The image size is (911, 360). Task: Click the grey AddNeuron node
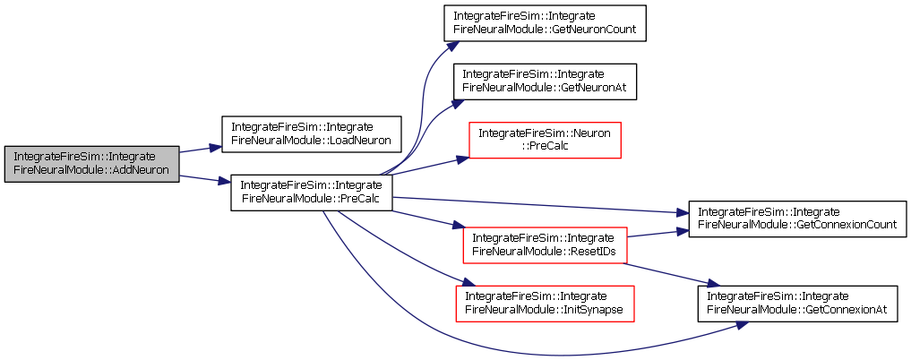tap(91, 164)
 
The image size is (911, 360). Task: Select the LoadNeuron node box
tap(312, 134)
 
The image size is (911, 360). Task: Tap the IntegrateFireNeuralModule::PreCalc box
tap(312, 193)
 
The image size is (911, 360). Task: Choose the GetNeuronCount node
tap(545, 22)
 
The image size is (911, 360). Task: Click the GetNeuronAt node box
tap(545, 81)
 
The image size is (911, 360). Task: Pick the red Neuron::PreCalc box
tap(545, 140)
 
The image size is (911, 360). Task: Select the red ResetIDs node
tap(545, 245)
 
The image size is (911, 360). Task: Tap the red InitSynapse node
tap(545, 304)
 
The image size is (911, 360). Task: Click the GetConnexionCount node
tap(797, 219)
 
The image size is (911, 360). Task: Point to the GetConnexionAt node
tap(797, 304)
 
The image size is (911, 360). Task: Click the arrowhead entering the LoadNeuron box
tap(216, 148)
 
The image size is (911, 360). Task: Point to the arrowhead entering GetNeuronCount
tap(445, 47)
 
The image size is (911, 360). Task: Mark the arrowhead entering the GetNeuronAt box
tap(456, 103)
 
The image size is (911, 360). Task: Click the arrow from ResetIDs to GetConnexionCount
tap(658, 234)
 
